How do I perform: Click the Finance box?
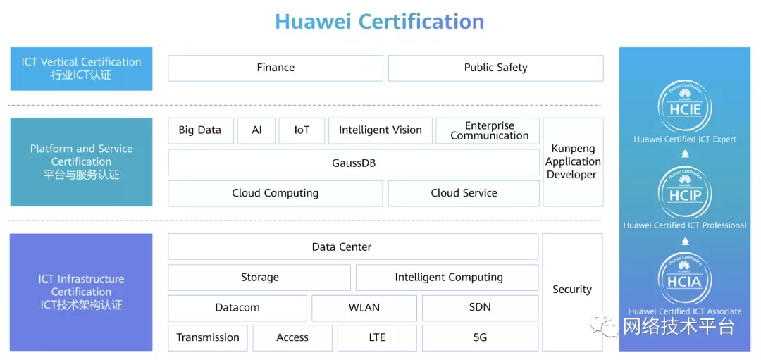click(x=276, y=68)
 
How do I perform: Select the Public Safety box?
click(x=495, y=68)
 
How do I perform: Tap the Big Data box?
click(x=200, y=130)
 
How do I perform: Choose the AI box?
click(x=256, y=130)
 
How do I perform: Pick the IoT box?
click(x=302, y=130)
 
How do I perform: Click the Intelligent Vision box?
click(x=380, y=130)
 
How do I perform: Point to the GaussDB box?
click(x=353, y=163)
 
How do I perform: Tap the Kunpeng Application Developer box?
click(x=573, y=162)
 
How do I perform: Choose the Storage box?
click(x=259, y=278)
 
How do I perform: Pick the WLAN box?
click(x=364, y=308)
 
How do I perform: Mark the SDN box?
click(x=480, y=308)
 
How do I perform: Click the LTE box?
click(x=377, y=338)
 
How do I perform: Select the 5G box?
click(x=480, y=338)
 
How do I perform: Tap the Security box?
click(x=571, y=290)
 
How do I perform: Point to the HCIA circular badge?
click(x=685, y=280)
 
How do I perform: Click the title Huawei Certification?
click(x=379, y=22)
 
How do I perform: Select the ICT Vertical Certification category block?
click(x=81, y=68)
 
